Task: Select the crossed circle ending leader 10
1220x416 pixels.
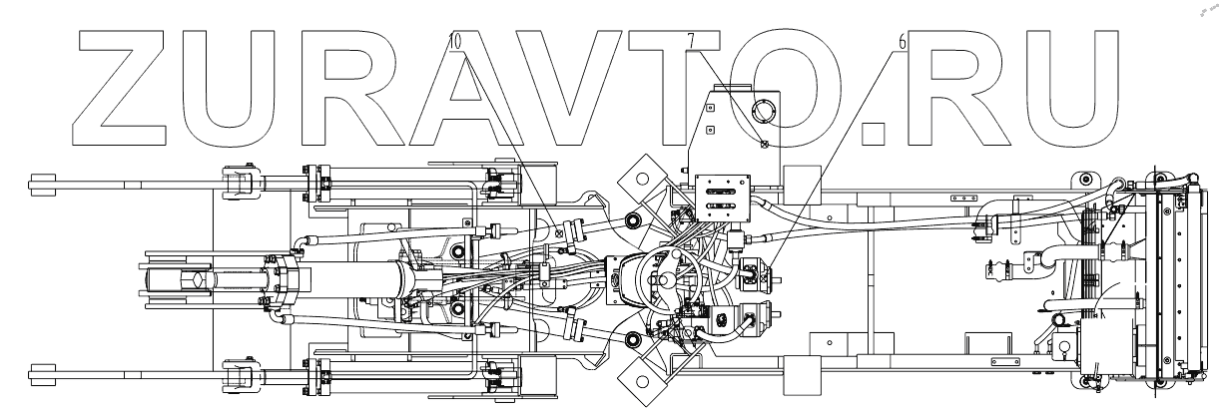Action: click(558, 235)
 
